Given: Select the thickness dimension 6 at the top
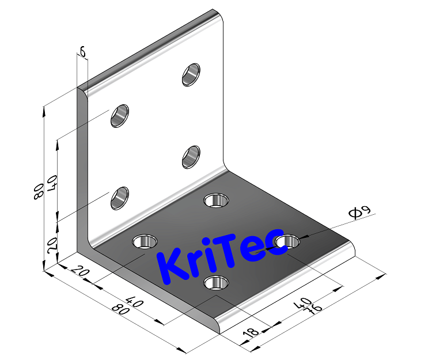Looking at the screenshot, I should (82, 52).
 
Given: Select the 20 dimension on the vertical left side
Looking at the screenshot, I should (52, 246).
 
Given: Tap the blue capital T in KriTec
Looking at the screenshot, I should (225, 253).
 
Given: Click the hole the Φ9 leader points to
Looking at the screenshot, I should (287, 241).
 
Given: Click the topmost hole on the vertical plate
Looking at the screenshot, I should (191, 75).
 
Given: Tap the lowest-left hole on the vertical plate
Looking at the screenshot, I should (120, 198).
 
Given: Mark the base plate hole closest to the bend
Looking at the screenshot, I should (217, 200).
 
